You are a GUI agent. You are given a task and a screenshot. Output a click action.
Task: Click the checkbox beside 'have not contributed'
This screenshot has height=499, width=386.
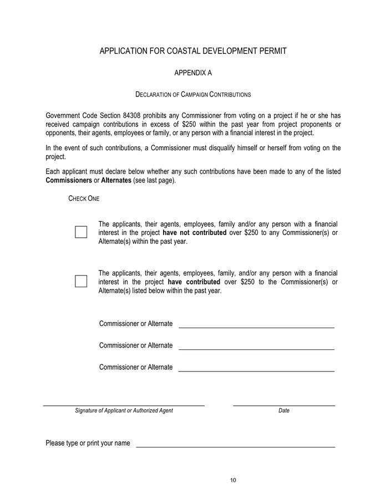coord(81,232)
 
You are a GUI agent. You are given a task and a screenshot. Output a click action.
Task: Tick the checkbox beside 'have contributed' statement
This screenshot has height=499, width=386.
coord(81,281)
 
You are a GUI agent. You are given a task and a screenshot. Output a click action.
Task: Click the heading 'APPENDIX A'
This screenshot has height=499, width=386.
coord(193,73)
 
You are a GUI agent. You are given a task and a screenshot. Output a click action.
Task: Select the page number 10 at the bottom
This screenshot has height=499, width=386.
coord(233,480)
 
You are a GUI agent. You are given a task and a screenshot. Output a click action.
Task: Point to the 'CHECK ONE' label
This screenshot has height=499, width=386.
coord(84,198)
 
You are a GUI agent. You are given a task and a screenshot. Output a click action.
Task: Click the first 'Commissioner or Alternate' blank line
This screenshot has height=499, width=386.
coord(256,327)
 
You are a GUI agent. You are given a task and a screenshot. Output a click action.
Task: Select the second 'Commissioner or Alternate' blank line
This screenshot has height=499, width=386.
coord(256,349)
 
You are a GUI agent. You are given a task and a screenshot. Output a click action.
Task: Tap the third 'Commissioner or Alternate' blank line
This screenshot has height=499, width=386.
coord(256,370)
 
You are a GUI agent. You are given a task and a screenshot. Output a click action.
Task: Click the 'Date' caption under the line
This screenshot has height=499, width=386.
coord(284,411)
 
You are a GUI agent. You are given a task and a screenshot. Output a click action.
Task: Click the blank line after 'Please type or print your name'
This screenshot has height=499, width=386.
coord(235,446)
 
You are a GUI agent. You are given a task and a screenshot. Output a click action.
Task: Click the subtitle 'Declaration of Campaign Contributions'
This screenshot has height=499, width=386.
coord(193,95)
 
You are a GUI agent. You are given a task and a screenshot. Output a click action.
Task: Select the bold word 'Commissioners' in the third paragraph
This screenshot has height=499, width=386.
coord(69,181)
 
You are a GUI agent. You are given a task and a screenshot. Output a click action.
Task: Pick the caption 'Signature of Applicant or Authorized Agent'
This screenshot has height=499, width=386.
coord(124,411)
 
